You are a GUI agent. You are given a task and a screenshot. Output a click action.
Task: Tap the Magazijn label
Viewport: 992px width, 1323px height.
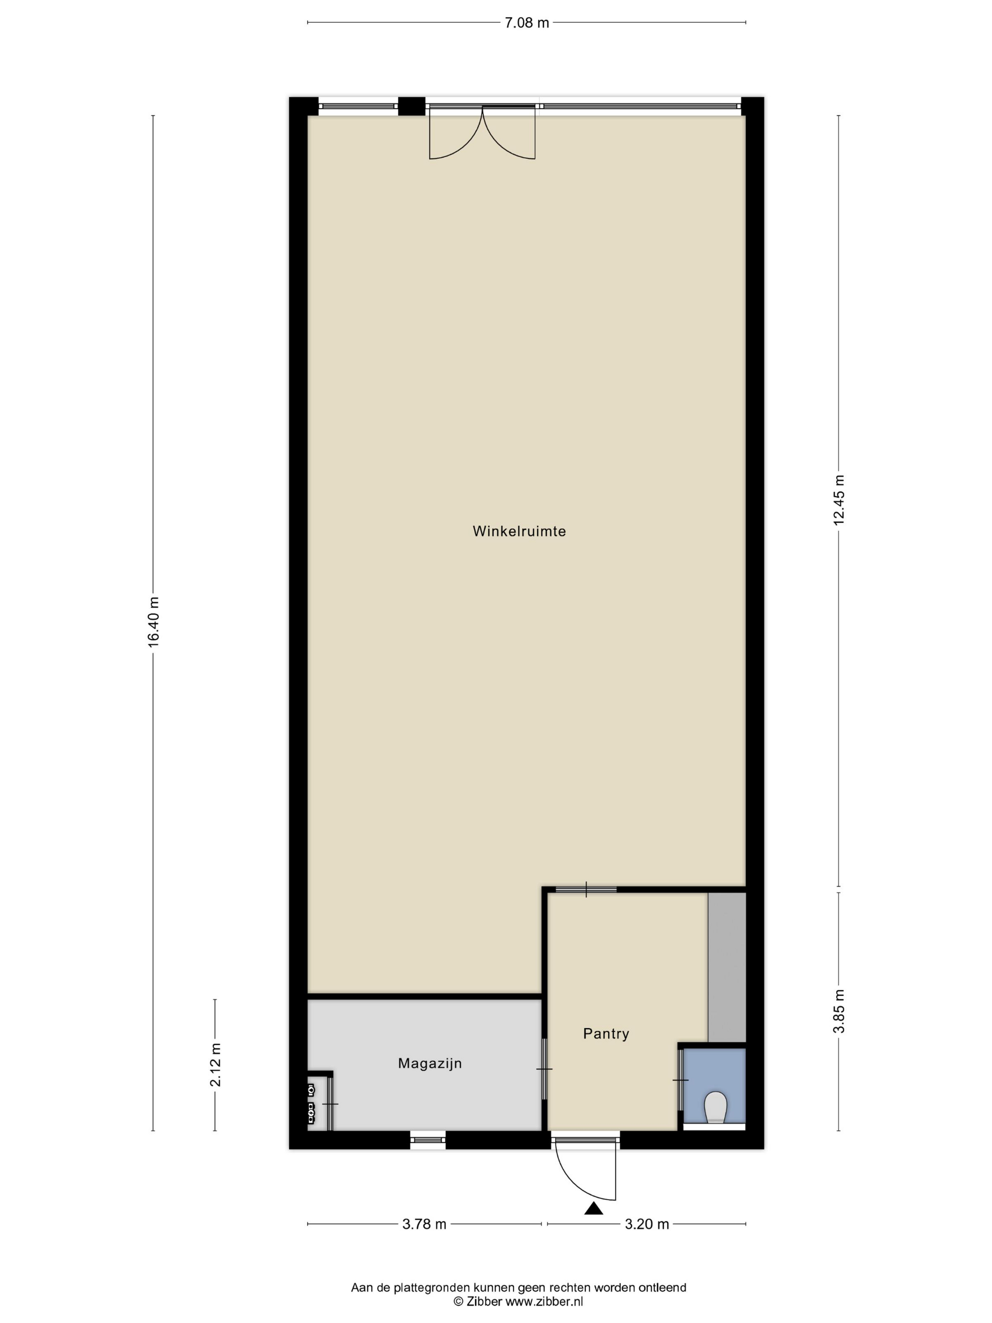(x=430, y=1064)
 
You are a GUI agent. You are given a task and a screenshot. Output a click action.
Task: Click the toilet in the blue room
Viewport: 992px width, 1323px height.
(x=715, y=1108)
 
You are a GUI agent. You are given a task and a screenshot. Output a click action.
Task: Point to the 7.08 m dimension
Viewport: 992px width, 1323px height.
(x=526, y=23)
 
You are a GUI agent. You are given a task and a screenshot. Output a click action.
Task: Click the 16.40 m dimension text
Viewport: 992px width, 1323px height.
(x=154, y=621)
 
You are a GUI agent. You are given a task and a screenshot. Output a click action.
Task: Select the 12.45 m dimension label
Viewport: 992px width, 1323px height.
(x=838, y=500)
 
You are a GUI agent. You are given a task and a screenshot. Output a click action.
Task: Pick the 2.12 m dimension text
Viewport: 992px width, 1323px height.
(x=215, y=1064)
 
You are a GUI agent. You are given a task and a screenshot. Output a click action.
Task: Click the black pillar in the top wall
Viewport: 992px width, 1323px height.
(x=411, y=106)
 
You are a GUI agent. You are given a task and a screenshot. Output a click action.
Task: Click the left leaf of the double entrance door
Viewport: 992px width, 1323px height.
(x=456, y=133)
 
